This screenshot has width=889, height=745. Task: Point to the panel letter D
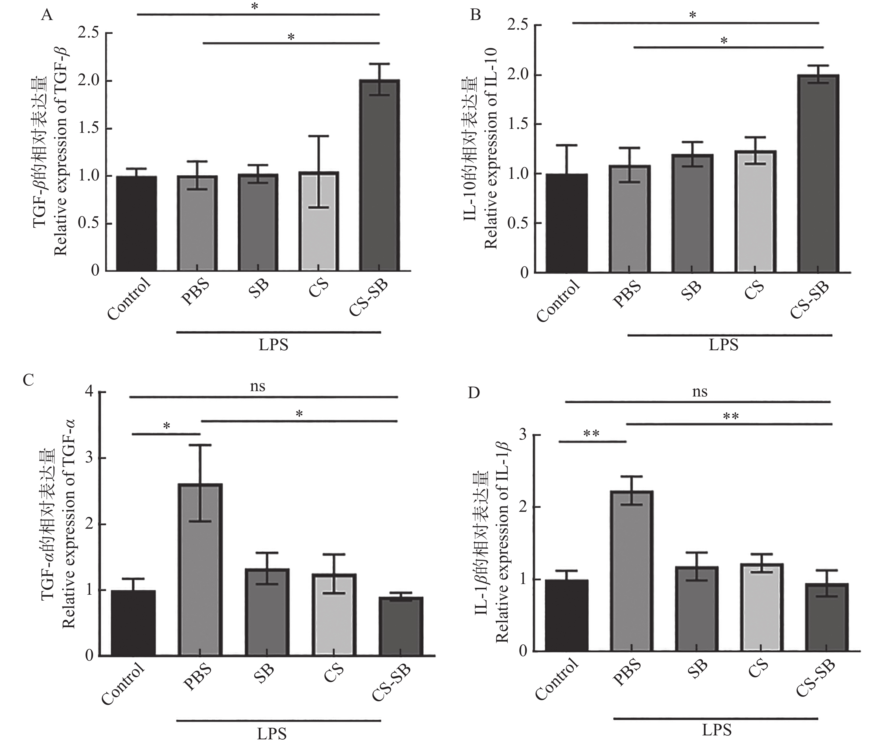[474, 393]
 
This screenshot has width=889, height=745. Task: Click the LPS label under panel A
[273, 345]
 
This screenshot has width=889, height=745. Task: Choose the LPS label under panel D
[717, 730]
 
